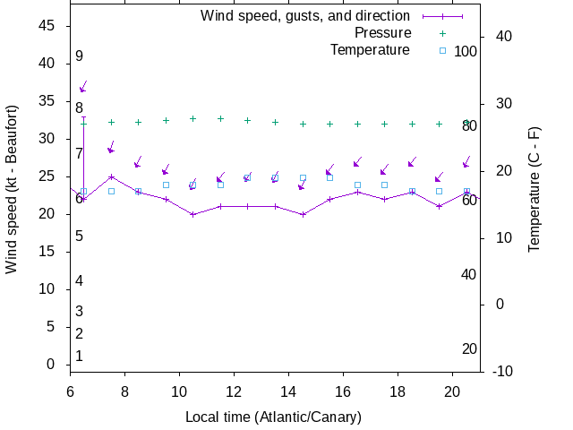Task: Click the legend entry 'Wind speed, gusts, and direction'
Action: [304, 15]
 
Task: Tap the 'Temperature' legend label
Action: [370, 49]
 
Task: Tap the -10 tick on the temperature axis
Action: [503, 371]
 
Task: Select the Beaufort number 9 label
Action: [80, 56]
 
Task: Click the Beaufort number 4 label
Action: [80, 280]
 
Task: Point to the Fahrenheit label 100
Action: [466, 51]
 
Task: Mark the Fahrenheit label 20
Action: [469, 348]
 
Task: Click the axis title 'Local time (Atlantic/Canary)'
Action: [273, 417]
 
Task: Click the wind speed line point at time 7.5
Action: [111, 176]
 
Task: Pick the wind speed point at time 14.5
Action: [304, 214]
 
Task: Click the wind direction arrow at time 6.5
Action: [83, 87]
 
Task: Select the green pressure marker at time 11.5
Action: [220, 118]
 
